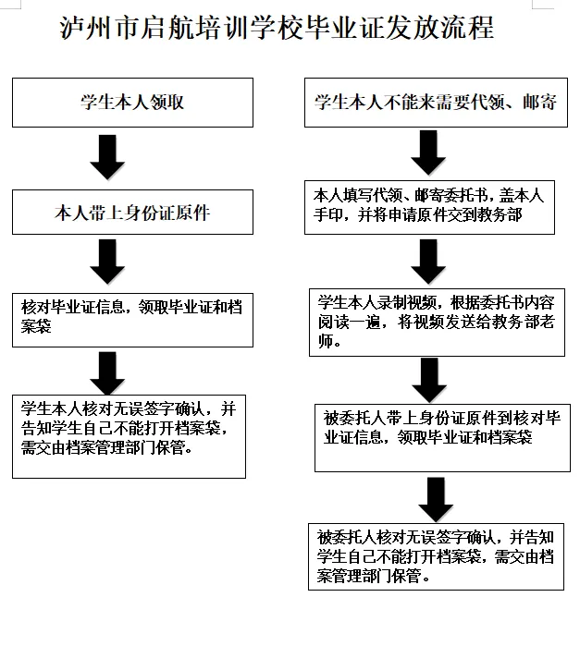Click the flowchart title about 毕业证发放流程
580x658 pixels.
click(x=277, y=28)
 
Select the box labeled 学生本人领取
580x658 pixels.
click(x=132, y=103)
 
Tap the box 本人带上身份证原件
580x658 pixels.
click(x=132, y=213)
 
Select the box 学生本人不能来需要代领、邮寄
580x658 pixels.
click(x=435, y=103)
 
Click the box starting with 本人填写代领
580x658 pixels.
click(x=431, y=208)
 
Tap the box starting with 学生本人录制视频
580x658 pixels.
click(x=436, y=322)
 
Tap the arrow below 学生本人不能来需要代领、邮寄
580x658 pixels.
click(x=428, y=152)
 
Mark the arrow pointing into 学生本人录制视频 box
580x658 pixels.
click(x=428, y=262)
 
